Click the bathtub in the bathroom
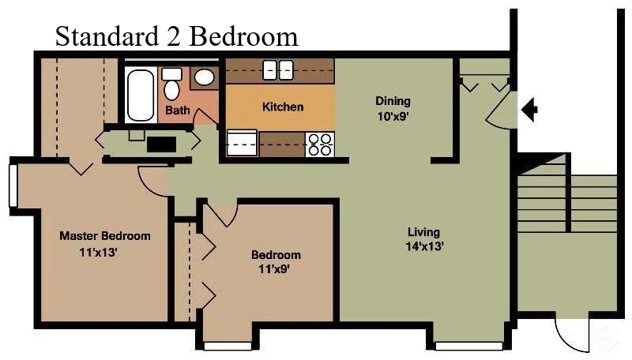coord(141,95)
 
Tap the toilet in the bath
coord(171,84)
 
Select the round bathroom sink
coord(205,77)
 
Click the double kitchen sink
coord(278,69)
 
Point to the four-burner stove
coord(320,144)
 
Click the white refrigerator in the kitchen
coord(242,143)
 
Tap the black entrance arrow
coord(529,109)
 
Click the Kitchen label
coord(283,107)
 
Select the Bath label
coord(177,110)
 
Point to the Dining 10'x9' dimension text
coord(393,117)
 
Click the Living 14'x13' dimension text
coord(424,246)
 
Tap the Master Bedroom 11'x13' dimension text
coord(98,253)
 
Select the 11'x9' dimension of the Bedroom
coord(274,268)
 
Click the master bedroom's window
coord(13,186)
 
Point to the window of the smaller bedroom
coord(228,346)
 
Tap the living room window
coord(469,346)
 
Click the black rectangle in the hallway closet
coord(161,144)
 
